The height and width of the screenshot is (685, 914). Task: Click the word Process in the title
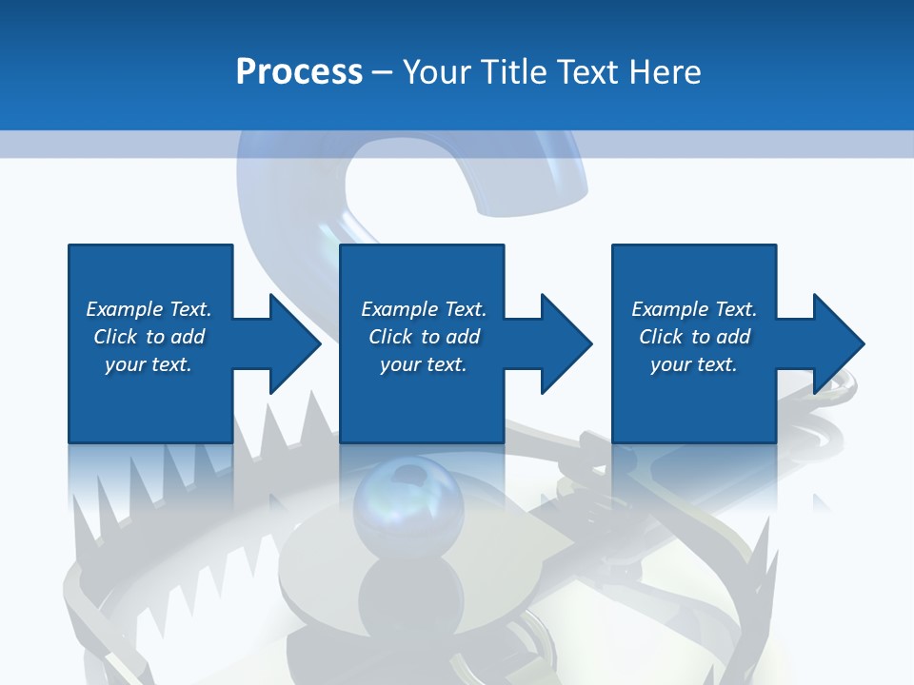299,72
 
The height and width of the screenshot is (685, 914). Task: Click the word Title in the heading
515,72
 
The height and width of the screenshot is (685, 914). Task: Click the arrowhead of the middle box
565,343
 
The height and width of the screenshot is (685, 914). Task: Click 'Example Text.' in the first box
149,309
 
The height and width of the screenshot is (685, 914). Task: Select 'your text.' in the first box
149,364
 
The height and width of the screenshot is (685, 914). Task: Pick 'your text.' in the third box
694,364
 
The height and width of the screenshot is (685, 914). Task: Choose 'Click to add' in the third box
694,337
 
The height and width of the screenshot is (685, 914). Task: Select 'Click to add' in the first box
149,337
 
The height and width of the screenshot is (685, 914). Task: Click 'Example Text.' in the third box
694,309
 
